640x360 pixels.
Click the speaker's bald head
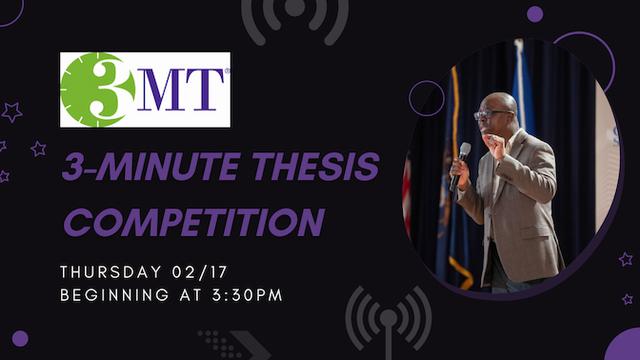[x=500, y=103]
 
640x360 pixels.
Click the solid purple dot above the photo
[x=534, y=13]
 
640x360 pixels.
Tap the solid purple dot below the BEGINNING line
[x=20, y=338]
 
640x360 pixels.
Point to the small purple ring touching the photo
[x=427, y=98]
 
